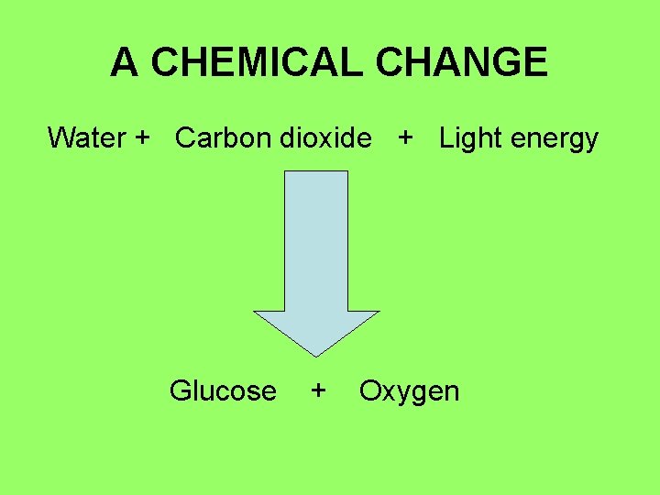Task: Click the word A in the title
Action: [x=125, y=62]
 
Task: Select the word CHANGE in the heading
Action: [x=462, y=62]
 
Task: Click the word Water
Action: [x=86, y=138]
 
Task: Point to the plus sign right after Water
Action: [x=142, y=138]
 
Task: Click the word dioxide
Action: [x=325, y=138]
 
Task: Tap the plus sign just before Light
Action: [x=404, y=138]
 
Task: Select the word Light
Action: [x=468, y=138]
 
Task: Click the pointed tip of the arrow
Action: [x=316, y=353]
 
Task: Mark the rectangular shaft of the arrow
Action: [x=316, y=238]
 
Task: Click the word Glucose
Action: [x=223, y=391]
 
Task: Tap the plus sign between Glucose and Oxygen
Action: [x=318, y=390]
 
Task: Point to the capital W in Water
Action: [x=60, y=138]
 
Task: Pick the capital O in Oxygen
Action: [x=370, y=391]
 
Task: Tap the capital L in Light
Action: [x=446, y=138]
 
